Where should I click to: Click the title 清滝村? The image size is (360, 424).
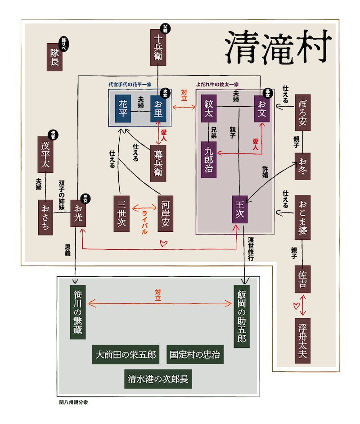point(278,48)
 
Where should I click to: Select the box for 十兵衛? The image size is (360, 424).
point(158,48)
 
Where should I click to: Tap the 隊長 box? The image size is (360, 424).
point(54,57)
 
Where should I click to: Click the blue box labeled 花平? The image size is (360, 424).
point(123,108)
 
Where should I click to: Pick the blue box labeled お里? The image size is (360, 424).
point(158,108)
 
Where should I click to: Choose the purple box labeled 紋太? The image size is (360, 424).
point(208,108)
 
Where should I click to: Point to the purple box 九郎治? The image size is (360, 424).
point(208,160)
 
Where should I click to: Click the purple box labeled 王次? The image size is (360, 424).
point(239,209)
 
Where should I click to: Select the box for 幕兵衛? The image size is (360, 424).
point(158,159)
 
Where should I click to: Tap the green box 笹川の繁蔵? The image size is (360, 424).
point(78,312)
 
